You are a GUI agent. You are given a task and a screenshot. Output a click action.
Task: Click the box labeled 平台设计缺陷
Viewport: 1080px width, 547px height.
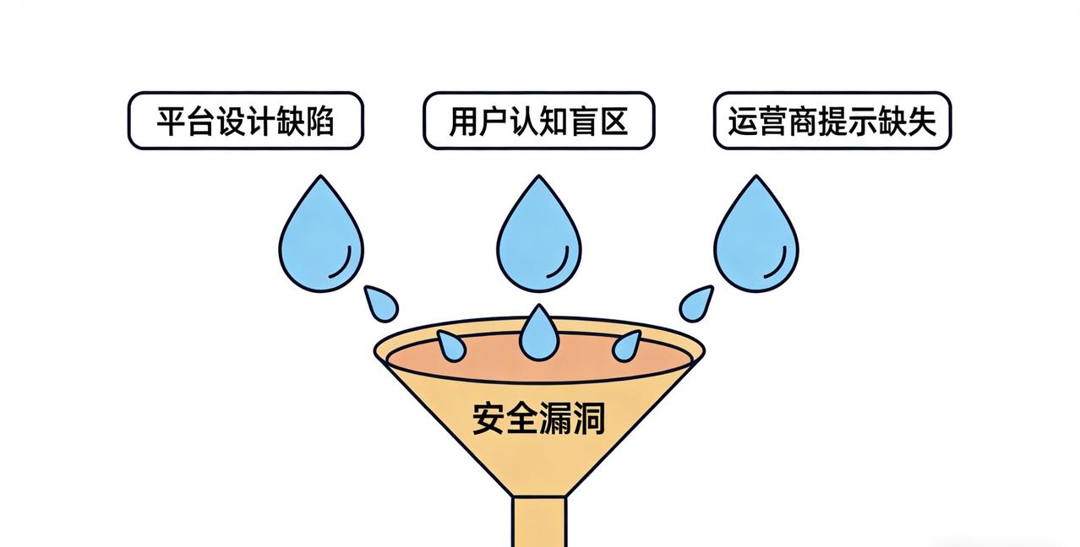click(245, 121)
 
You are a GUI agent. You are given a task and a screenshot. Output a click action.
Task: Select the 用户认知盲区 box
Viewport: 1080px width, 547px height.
click(538, 121)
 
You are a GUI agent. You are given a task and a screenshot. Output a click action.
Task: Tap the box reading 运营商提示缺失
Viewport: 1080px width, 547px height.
click(832, 121)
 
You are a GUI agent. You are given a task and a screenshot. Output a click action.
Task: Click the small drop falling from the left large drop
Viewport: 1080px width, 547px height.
click(382, 303)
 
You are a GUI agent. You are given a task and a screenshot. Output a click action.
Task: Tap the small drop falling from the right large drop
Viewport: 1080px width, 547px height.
click(695, 303)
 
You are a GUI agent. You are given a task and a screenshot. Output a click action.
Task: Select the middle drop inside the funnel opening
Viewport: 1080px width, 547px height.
click(539, 334)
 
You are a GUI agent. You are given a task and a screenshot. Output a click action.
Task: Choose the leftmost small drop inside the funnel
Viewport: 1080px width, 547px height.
click(451, 345)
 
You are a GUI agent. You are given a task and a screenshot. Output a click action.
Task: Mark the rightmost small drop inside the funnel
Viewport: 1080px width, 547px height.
click(626, 345)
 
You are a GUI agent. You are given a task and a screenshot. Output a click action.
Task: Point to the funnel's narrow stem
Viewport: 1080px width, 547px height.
click(538, 520)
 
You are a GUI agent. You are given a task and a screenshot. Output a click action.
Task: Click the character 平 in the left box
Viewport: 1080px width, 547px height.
click(172, 122)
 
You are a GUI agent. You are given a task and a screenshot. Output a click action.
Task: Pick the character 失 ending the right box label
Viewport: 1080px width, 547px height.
click(923, 122)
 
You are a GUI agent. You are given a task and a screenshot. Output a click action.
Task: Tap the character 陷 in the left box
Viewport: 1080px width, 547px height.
click(319, 122)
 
